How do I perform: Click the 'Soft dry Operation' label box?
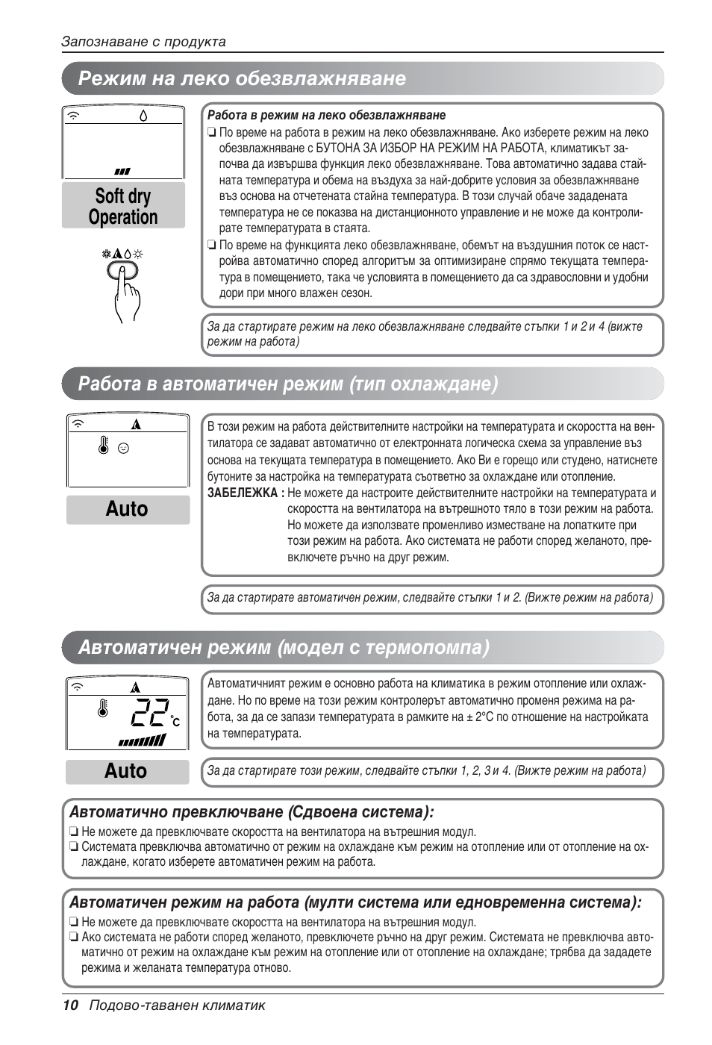click(123, 206)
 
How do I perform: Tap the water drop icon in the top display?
click(143, 116)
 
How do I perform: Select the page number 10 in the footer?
click(70, 1005)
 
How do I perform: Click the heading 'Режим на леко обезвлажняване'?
click(243, 78)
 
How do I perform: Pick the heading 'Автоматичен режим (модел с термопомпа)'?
click(284, 646)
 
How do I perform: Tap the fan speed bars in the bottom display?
click(142, 741)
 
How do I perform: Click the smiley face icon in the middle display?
click(124, 449)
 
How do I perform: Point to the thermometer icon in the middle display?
click(103, 446)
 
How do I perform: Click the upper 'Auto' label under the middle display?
click(127, 509)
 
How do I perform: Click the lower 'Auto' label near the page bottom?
click(126, 771)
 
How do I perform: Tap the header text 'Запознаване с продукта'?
click(143, 42)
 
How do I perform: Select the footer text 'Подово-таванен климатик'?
click(178, 1005)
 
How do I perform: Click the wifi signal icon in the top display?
click(75, 116)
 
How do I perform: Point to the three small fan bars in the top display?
click(122, 171)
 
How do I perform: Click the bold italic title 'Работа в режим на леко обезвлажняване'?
click(326, 115)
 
